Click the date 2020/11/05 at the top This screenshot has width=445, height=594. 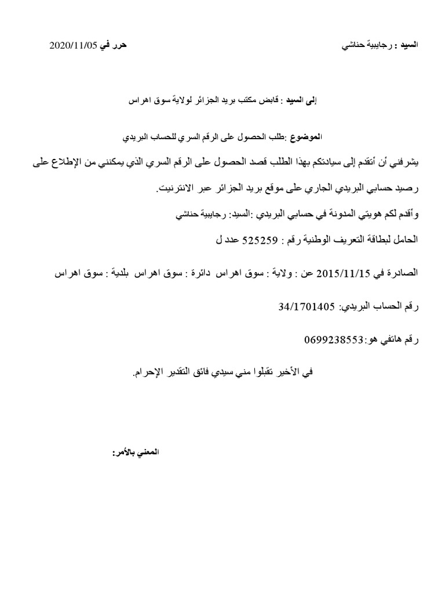[x=73, y=45]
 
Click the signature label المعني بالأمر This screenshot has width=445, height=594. [x=131, y=451]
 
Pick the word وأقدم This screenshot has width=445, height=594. [x=407, y=214]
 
